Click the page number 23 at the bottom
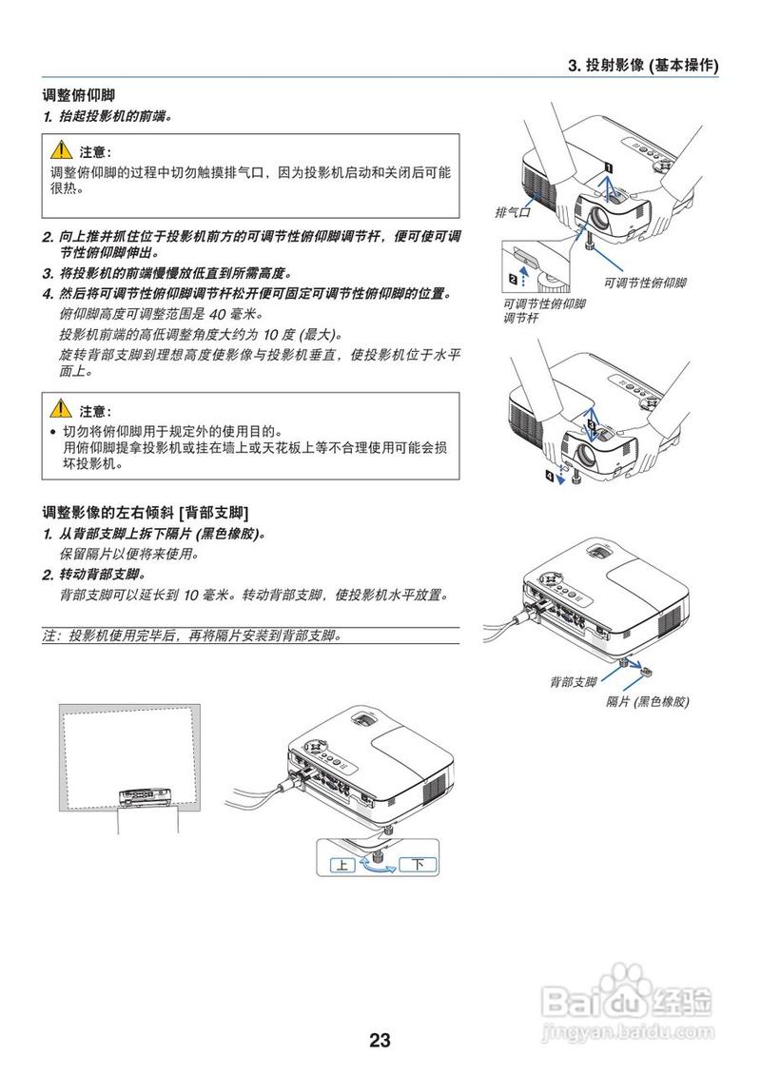pos(380,1040)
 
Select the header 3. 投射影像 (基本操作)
pos(642,66)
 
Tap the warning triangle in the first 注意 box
pos(61,151)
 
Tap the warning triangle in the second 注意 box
pos(61,410)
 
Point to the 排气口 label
pos(512,212)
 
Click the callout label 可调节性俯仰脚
pos(644,283)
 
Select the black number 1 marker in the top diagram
pos(607,165)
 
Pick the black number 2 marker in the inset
pos(514,279)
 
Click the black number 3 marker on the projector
pos(591,421)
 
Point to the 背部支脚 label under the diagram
pos(573,682)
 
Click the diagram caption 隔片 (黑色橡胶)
pos(647,701)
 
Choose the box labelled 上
pos(341,865)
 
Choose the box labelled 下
pos(419,865)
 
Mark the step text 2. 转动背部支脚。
pos(93,575)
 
